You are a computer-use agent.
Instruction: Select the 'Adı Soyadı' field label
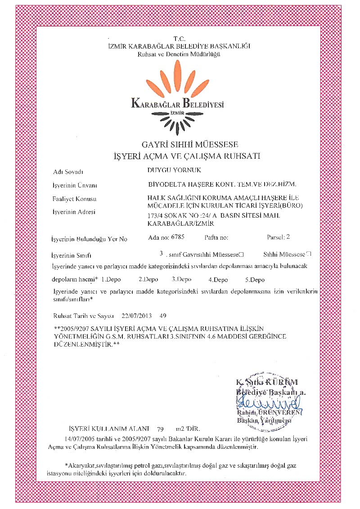tap(68, 172)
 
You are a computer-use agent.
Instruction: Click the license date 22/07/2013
tap(135, 316)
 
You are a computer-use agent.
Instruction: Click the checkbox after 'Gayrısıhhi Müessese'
tap(242, 254)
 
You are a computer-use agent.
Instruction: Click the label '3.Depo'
tap(182, 279)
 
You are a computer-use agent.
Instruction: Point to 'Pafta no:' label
tap(216, 236)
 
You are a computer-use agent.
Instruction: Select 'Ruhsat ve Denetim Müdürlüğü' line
tap(179, 54)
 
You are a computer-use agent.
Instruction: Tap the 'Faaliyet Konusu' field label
tap(75, 199)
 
